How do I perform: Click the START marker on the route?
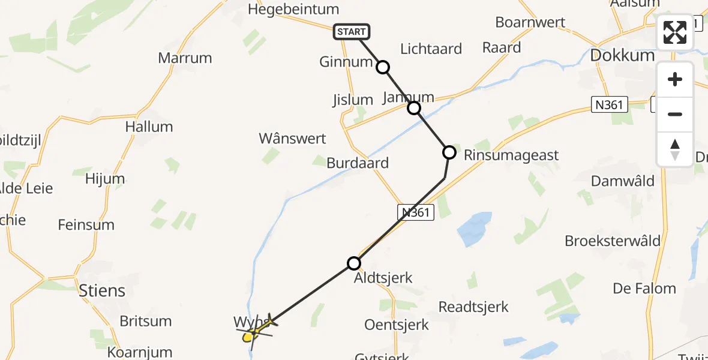point(352,32)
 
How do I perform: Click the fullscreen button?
point(675,32)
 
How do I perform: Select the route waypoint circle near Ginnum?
point(383,67)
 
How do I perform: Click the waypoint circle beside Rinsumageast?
point(449,152)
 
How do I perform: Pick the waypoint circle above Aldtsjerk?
point(354,263)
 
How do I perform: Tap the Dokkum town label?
point(622,55)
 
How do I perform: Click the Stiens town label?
point(102,291)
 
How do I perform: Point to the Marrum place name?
point(185,58)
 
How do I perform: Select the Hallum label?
point(149,127)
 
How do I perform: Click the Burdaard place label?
point(358,163)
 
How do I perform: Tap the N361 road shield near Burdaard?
point(416,212)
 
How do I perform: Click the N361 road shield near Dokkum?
point(609,105)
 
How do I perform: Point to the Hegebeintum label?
point(293,10)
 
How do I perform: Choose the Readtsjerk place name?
point(473,307)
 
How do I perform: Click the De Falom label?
point(644,289)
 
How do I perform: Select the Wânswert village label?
point(292,139)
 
